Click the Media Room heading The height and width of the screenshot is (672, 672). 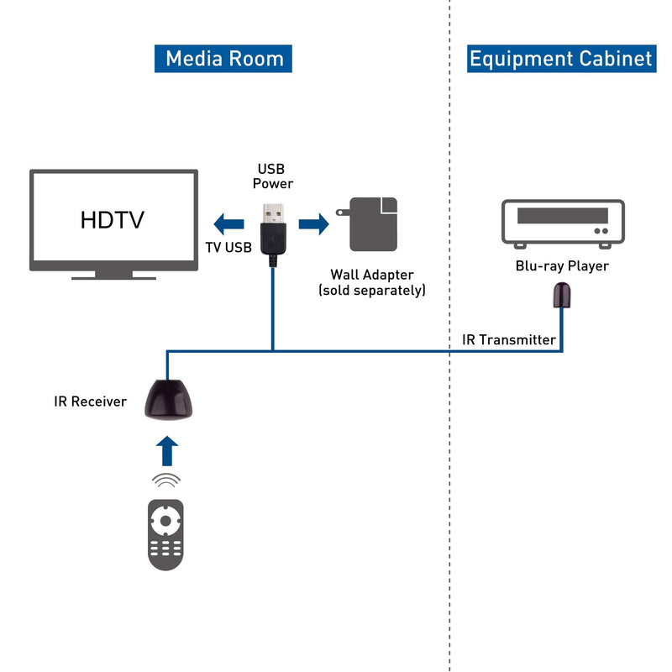click(x=223, y=59)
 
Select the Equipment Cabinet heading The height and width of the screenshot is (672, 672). click(x=561, y=59)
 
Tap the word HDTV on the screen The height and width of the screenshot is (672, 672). click(x=113, y=220)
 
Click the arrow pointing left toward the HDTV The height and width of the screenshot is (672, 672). click(x=228, y=223)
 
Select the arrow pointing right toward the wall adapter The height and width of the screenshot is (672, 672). click(x=313, y=223)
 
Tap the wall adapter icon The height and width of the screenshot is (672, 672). click(x=370, y=224)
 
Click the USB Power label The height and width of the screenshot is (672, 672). click(x=273, y=176)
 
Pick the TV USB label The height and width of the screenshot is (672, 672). click(x=228, y=247)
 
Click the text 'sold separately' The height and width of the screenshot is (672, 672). click(x=372, y=291)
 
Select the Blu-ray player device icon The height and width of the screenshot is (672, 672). click(x=562, y=223)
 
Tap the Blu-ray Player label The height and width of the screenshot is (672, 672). click(x=562, y=266)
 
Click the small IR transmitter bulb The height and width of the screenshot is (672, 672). click(x=561, y=295)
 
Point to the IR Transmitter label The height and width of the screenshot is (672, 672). click(x=509, y=339)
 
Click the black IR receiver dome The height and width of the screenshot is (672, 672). click(x=169, y=398)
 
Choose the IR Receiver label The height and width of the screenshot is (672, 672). click(x=90, y=402)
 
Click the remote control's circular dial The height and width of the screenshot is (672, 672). click(x=166, y=521)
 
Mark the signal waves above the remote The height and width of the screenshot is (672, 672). click(x=166, y=481)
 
